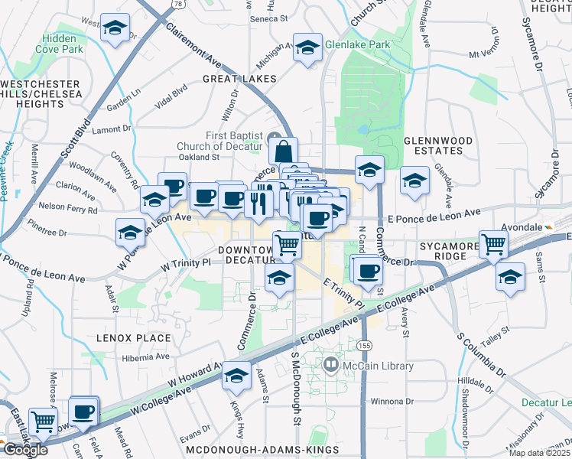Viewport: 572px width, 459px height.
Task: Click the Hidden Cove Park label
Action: (x=74, y=44)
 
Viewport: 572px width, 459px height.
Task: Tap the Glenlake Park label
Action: (x=356, y=44)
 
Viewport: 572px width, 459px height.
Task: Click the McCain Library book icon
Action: (x=330, y=366)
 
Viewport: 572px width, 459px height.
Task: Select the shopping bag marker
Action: (x=283, y=151)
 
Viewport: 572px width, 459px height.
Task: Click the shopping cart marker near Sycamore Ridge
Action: (x=494, y=244)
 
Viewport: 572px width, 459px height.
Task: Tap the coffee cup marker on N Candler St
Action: (x=368, y=269)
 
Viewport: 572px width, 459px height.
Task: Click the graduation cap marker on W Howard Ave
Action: (x=236, y=376)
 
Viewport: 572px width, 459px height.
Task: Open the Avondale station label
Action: (x=524, y=227)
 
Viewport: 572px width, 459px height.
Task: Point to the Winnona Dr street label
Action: (x=392, y=401)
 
